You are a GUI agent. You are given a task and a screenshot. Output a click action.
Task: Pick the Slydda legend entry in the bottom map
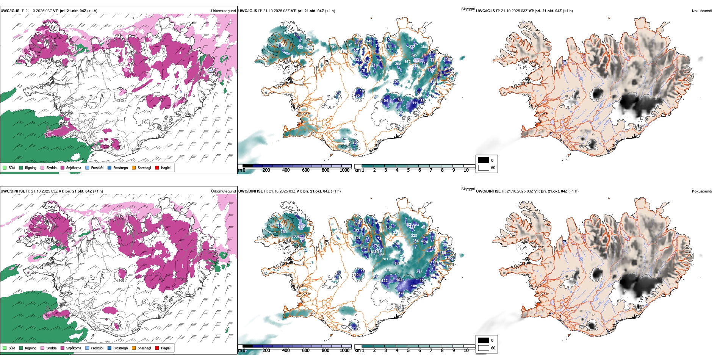click(49, 348)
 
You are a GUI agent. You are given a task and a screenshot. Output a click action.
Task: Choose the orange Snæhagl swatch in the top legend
click(134, 167)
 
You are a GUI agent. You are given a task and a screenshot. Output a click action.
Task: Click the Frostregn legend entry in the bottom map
click(118, 348)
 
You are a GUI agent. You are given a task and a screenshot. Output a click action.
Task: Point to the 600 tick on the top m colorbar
click(306, 170)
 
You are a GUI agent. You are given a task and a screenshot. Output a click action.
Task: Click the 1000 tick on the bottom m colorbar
click(344, 351)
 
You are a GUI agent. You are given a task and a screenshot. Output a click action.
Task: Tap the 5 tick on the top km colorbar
click(409, 170)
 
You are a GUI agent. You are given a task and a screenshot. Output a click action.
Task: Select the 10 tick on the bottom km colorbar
click(466, 351)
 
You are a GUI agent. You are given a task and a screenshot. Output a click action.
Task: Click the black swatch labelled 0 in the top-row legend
click(484, 160)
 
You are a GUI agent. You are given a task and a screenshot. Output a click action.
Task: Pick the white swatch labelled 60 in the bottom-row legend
click(484, 348)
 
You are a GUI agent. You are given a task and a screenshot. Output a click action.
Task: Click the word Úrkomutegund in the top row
click(224, 11)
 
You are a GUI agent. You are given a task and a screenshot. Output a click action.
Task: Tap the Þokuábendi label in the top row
click(702, 11)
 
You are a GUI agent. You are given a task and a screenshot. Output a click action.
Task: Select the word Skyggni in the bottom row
click(468, 189)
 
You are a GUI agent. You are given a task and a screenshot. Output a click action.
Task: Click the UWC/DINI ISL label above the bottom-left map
click(13, 191)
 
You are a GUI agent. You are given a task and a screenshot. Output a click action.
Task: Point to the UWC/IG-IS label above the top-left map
click(10, 11)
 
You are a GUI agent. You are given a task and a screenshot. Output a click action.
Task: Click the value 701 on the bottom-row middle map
click(385, 259)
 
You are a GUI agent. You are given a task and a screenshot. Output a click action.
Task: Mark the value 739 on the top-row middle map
click(333, 47)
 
